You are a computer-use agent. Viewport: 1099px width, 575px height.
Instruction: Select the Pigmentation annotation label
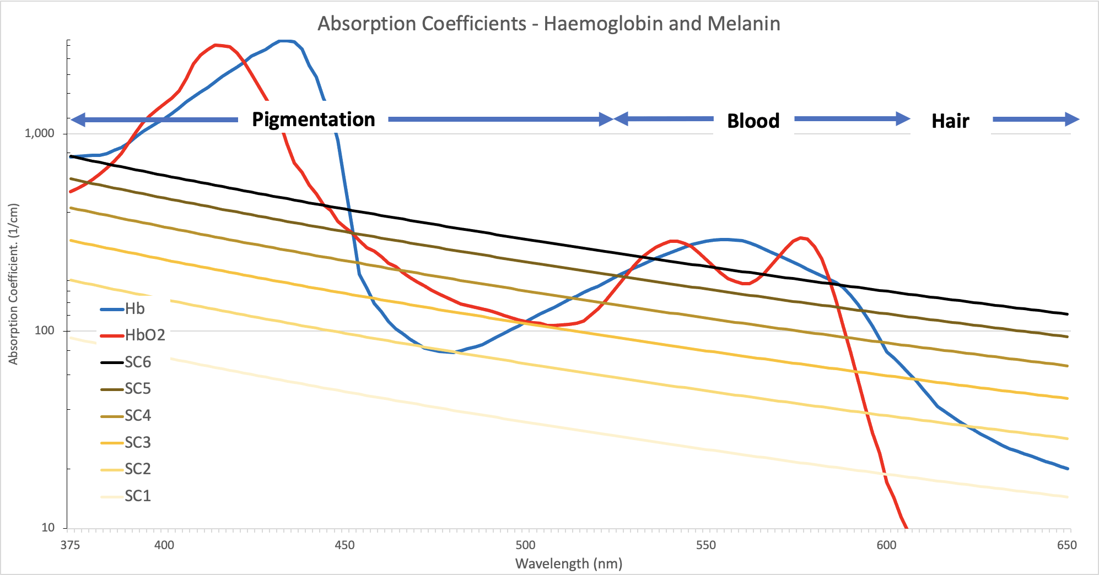pos(313,120)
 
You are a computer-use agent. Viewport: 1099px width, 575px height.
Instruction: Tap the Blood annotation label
pos(753,121)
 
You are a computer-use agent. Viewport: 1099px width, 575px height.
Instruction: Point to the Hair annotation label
pos(950,121)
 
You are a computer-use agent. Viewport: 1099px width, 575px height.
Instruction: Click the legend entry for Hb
pos(134,308)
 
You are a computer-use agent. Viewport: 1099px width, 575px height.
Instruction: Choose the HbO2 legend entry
pos(144,335)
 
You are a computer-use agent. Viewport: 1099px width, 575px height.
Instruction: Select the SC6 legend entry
pos(137,362)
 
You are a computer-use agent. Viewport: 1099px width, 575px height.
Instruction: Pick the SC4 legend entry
pos(137,415)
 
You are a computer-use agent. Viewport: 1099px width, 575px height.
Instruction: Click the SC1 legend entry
pos(137,496)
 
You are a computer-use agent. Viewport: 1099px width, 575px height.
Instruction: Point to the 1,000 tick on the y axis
pos(40,133)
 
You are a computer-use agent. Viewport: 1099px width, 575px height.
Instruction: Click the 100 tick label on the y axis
pos(45,330)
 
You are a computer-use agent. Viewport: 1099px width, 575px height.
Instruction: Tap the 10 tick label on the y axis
pos(48,528)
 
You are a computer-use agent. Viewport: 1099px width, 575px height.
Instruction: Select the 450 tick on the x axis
pos(344,545)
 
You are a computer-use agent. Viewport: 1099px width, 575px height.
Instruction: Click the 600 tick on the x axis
pos(886,545)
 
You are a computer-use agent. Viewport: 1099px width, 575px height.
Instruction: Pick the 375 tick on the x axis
pos(70,545)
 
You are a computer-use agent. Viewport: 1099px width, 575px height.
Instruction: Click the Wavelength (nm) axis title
pos(569,564)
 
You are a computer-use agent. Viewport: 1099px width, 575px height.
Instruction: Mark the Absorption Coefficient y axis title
pos(13,284)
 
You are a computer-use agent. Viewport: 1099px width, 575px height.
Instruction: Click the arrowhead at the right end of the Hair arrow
pos(1071,120)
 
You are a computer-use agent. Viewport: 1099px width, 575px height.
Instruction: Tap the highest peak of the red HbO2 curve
pos(217,45)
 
